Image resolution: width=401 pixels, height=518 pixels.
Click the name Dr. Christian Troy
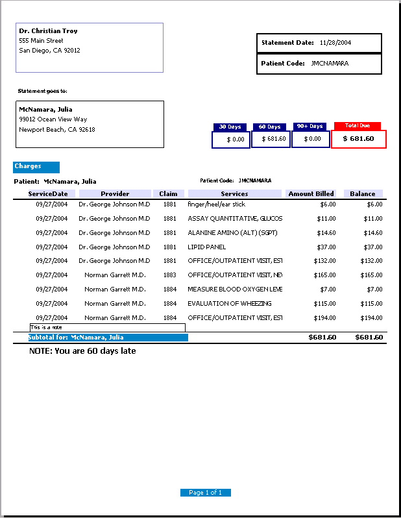49,31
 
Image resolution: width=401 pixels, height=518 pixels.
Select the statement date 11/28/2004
335,43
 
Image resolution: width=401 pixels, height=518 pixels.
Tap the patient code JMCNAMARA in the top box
330,64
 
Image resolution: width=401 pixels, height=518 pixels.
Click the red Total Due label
358,125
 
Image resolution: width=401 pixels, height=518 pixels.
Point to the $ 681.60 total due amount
359,139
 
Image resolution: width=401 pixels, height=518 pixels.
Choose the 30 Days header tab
230,127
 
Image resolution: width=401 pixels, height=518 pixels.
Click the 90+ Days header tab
310,127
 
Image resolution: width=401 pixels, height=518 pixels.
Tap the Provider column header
115,193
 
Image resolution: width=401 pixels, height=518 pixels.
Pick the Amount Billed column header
311,193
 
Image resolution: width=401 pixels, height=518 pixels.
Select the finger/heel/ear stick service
216,204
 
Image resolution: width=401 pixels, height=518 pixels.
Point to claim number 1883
169,275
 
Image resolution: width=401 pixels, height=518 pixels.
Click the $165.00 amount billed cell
325,275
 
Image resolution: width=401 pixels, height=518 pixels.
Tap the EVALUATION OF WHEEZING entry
230,304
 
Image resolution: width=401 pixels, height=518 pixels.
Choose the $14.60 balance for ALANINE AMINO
372,233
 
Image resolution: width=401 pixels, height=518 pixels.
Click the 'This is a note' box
107,328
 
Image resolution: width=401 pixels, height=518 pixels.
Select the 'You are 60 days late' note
82,351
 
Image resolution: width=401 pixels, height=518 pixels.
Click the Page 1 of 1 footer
205,493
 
